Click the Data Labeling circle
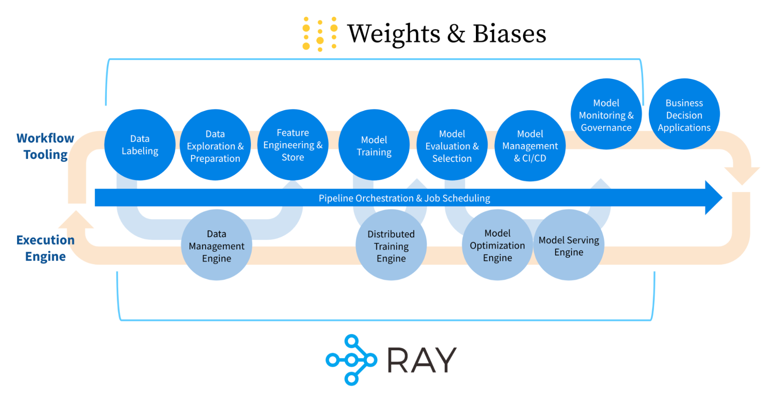coord(140,145)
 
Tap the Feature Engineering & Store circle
coord(293,145)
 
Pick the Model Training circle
coord(374,145)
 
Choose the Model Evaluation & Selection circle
coord(452,146)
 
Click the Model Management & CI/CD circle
coord(530,146)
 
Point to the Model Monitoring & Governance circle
coord(606,115)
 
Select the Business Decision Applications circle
coord(684,115)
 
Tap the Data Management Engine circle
coord(216,245)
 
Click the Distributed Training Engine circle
coord(391,245)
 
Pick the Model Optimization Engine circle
coord(497,245)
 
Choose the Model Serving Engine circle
coord(569,245)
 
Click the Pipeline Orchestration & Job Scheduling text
coord(404,198)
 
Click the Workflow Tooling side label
coord(45,146)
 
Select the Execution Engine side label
coord(45,248)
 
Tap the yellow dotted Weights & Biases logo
coord(319,34)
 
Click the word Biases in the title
coord(509,34)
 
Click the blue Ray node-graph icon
coord(351,360)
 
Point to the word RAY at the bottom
coord(422,360)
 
